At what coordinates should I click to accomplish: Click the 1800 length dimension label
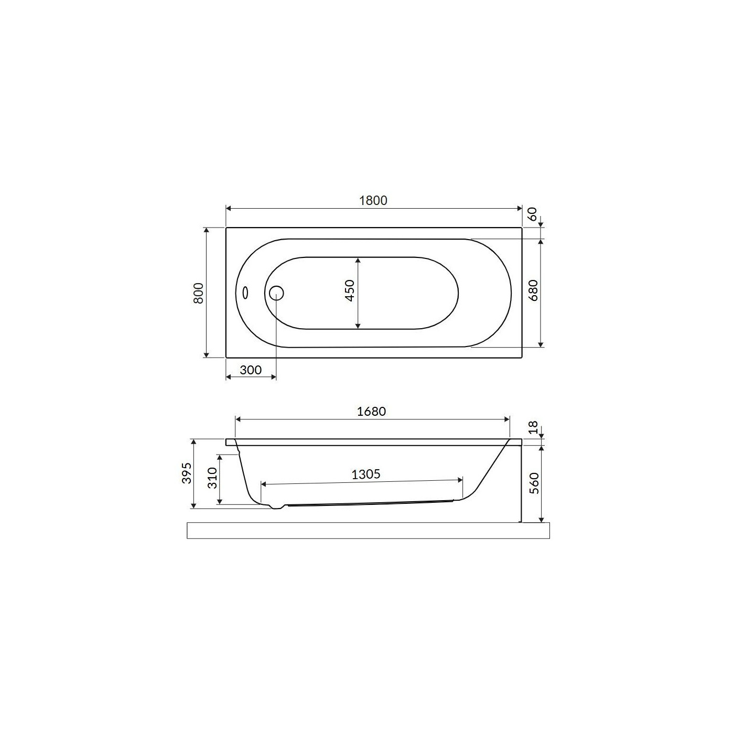coord(373,200)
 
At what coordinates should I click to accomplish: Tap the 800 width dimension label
coord(199,293)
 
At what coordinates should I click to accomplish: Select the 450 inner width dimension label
coord(350,290)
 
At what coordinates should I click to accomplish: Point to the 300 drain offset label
coord(251,370)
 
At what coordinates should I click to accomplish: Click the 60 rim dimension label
coord(533,214)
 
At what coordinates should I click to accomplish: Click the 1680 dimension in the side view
coord(371,412)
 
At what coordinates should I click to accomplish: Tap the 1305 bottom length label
coord(365,474)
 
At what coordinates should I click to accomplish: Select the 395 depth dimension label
coord(187,473)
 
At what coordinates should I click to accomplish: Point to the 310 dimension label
coord(212,478)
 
